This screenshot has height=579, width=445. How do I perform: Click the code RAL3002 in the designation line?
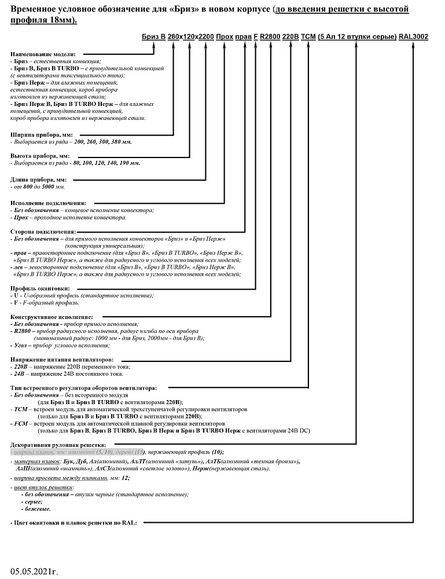click(x=414, y=36)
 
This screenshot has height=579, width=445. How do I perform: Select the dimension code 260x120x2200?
click(x=190, y=36)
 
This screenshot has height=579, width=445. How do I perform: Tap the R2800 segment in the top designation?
click(x=270, y=36)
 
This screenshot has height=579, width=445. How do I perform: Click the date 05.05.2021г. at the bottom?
click(x=34, y=571)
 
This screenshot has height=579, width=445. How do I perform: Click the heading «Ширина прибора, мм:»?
click(x=41, y=134)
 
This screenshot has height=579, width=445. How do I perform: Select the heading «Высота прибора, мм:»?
click(x=40, y=156)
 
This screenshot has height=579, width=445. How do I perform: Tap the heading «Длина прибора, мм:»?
click(x=39, y=179)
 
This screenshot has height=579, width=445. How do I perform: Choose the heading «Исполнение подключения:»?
click(x=49, y=203)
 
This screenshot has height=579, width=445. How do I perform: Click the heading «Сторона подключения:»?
click(x=43, y=232)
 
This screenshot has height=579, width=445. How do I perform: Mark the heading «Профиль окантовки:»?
click(x=41, y=288)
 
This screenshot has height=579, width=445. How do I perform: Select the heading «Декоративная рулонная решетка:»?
click(x=58, y=444)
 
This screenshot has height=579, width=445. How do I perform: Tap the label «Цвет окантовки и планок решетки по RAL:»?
click(x=76, y=523)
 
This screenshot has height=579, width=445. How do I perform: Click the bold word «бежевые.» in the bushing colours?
click(x=38, y=509)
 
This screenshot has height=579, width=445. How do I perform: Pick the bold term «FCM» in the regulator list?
click(x=21, y=424)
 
